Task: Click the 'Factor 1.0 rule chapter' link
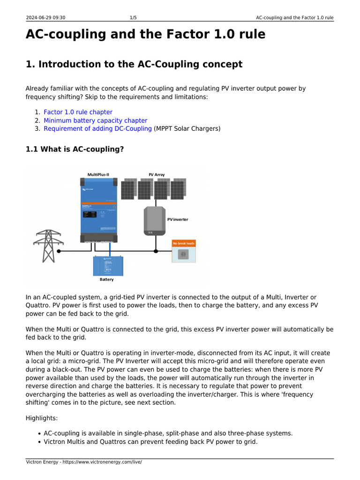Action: [78, 112]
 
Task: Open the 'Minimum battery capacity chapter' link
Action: [95, 120]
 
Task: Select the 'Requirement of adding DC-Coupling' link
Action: [97, 128]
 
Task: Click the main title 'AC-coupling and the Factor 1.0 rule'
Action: [145, 35]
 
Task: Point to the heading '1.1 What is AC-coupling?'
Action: [75, 150]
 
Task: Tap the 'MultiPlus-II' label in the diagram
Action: [98, 174]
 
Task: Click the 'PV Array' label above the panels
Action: [157, 174]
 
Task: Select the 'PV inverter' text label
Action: [178, 219]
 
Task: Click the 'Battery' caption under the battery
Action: [106, 279]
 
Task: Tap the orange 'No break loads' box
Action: [184, 243]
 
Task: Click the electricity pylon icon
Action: [48, 245]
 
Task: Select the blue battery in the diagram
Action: [108, 265]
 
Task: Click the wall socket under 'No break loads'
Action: [184, 255]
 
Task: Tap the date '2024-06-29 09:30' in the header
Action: [45, 18]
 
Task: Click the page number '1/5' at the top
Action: [133, 18]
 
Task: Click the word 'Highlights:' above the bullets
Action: [42, 418]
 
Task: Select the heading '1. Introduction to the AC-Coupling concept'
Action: [134, 64]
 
